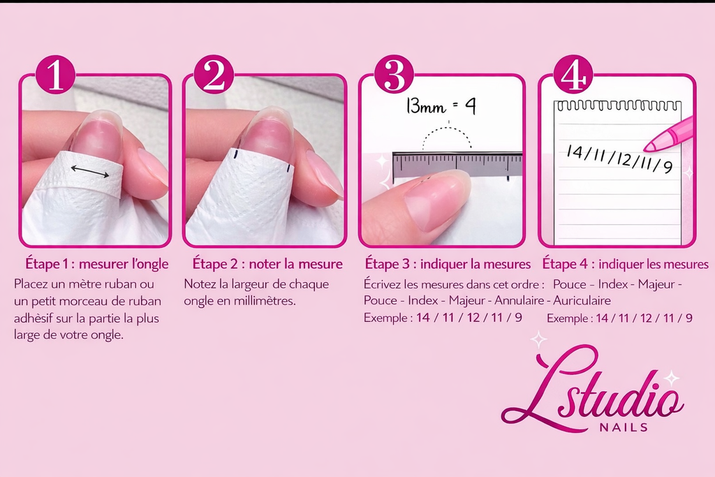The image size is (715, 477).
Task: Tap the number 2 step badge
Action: (x=214, y=75)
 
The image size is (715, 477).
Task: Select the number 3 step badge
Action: (x=394, y=75)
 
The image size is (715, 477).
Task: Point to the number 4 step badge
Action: (x=573, y=75)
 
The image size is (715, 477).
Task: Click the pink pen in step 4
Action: (x=668, y=135)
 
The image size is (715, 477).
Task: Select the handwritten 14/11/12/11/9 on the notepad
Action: (x=619, y=159)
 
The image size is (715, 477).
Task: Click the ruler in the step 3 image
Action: (x=457, y=166)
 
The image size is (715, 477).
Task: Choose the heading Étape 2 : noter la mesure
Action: (x=267, y=265)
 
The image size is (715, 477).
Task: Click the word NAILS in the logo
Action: (x=624, y=427)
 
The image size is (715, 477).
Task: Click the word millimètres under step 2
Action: (x=265, y=301)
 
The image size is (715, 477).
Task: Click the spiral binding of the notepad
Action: (x=617, y=105)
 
